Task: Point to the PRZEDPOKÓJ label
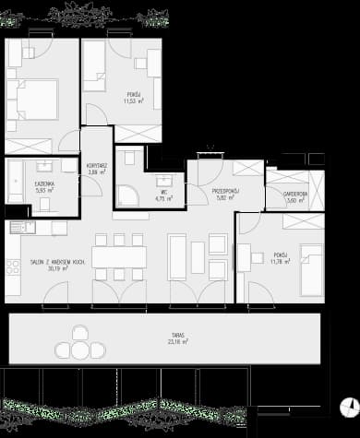[226, 190]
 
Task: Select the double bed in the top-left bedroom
[32, 101]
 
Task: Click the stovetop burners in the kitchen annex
[14, 267]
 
